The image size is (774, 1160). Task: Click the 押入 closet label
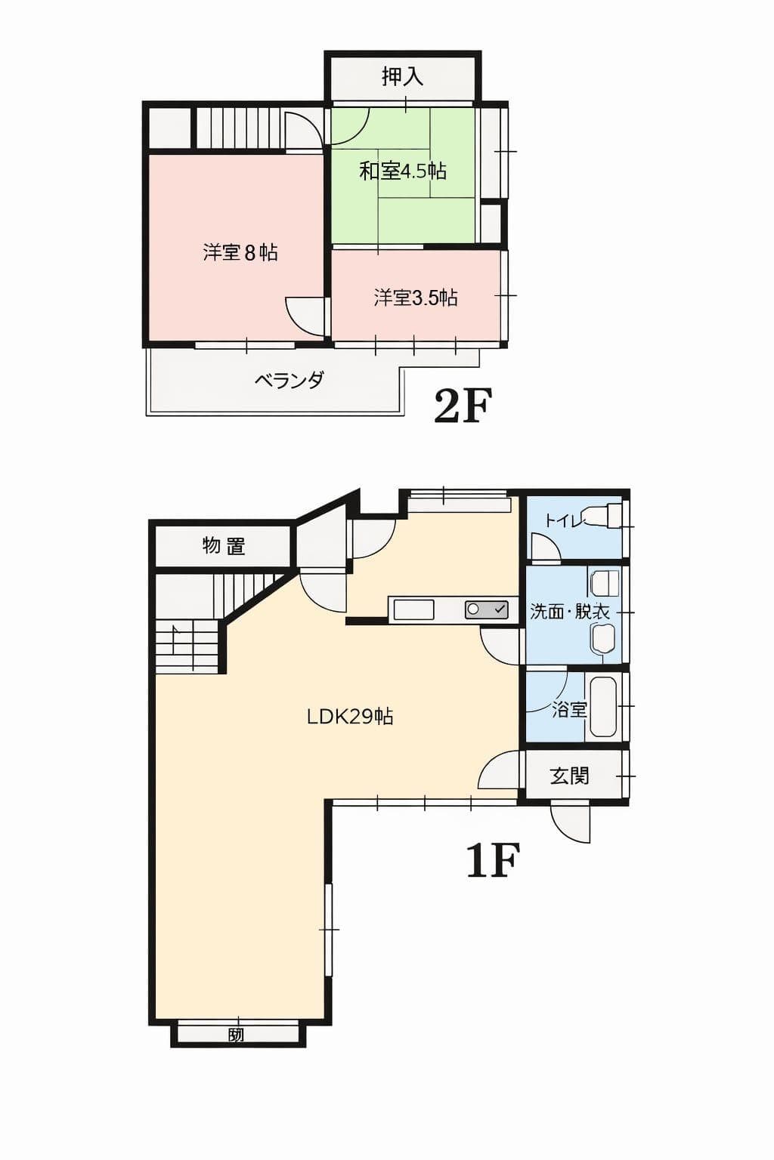tap(402, 76)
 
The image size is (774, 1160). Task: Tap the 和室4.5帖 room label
tap(403, 171)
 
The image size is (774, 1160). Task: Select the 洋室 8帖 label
tap(240, 252)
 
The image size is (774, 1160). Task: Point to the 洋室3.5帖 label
tap(416, 298)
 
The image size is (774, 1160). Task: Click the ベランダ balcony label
tap(289, 380)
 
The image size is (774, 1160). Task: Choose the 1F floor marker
tap(493, 860)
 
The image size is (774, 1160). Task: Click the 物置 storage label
tap(224, 545)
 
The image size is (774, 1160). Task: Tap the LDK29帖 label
tap(350, 716)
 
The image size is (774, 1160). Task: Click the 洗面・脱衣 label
tap(569, 611)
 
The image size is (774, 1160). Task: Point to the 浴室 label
tap(569, 709)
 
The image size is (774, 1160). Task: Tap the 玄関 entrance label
tap(569, 776)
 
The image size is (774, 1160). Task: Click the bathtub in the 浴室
tap(603, 706)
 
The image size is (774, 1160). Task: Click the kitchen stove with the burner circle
tap(486, 609)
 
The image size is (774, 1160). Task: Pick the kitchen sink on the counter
tap(413, 609)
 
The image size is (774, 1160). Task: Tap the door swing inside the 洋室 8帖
tap(306, 316)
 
